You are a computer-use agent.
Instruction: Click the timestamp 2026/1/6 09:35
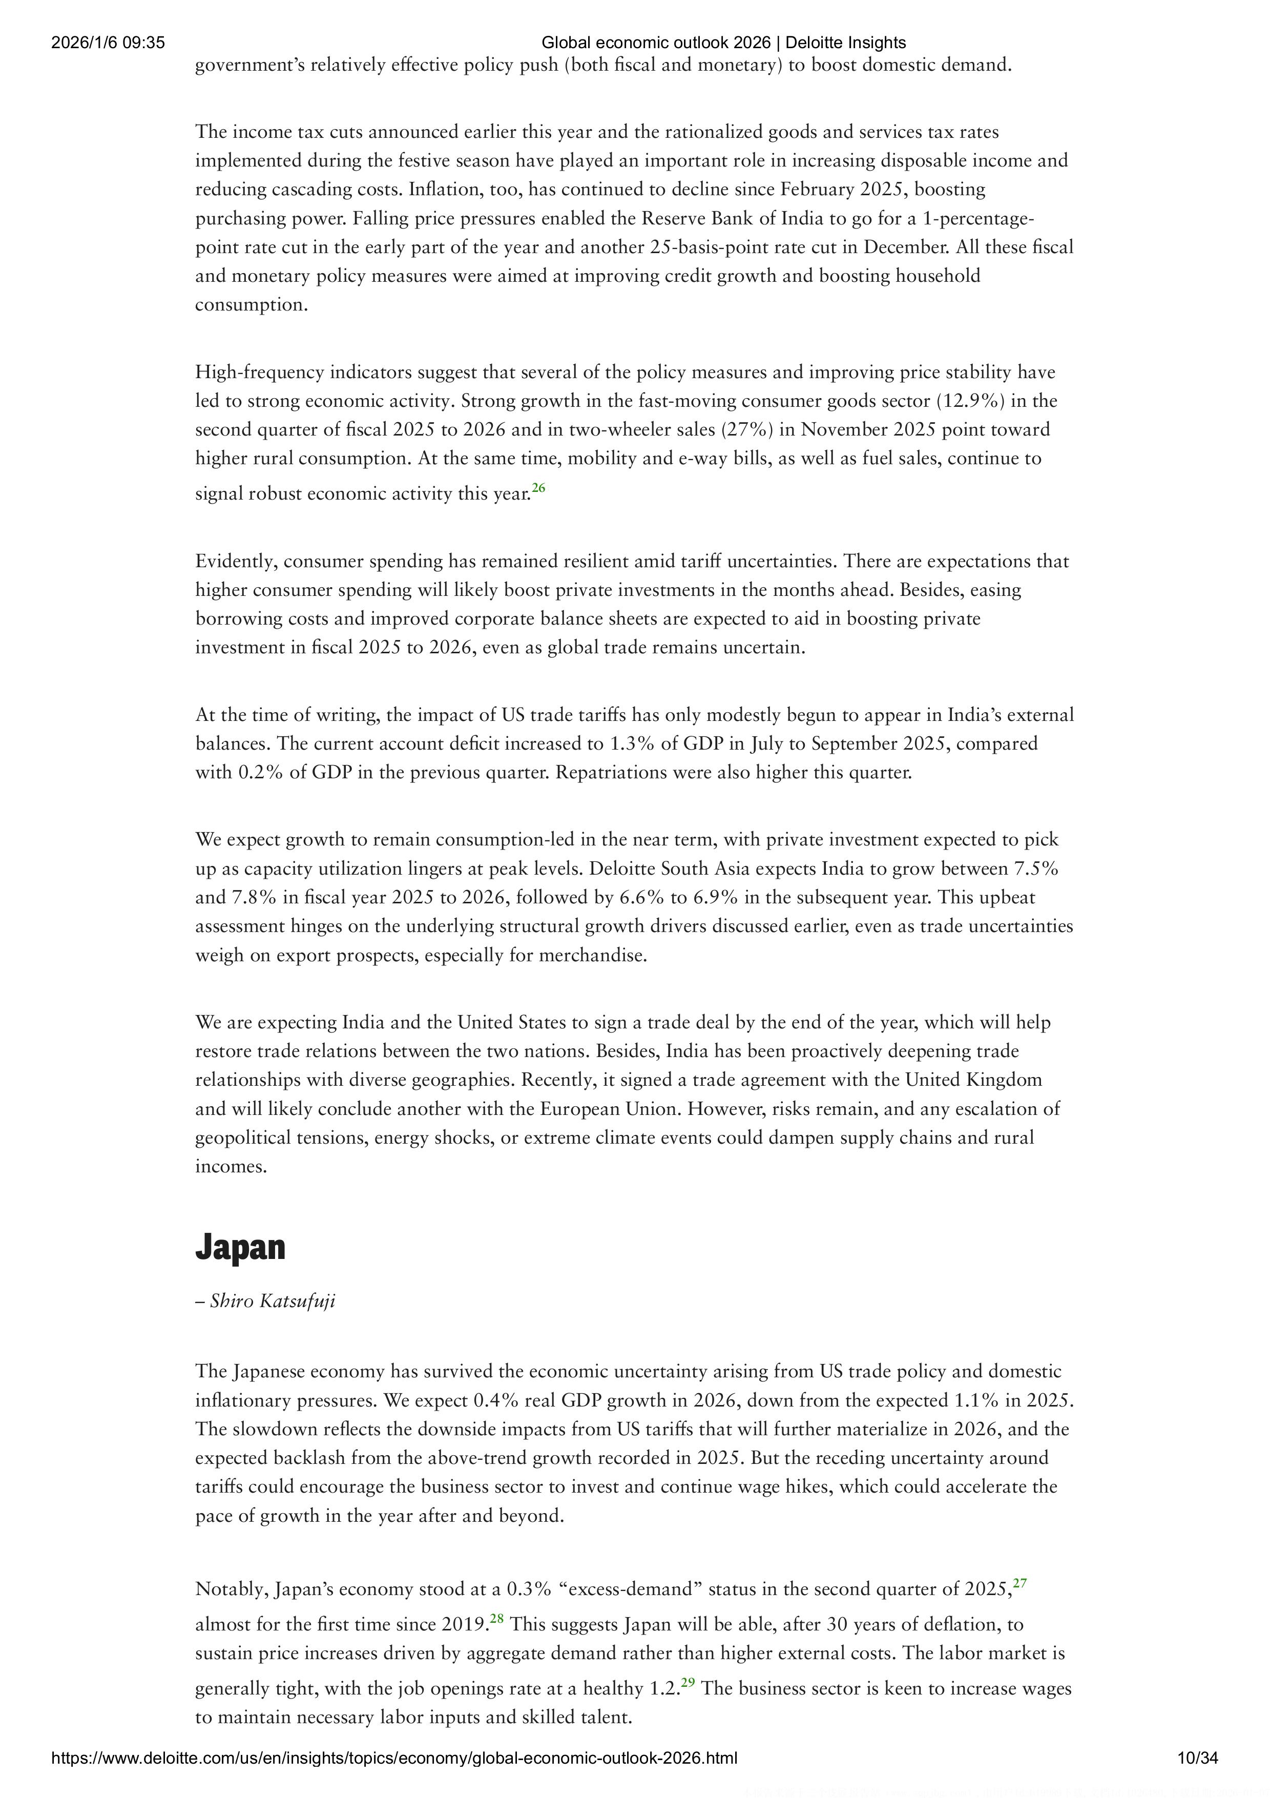(108, 43)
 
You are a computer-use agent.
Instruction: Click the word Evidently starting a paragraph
(235, 562)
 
